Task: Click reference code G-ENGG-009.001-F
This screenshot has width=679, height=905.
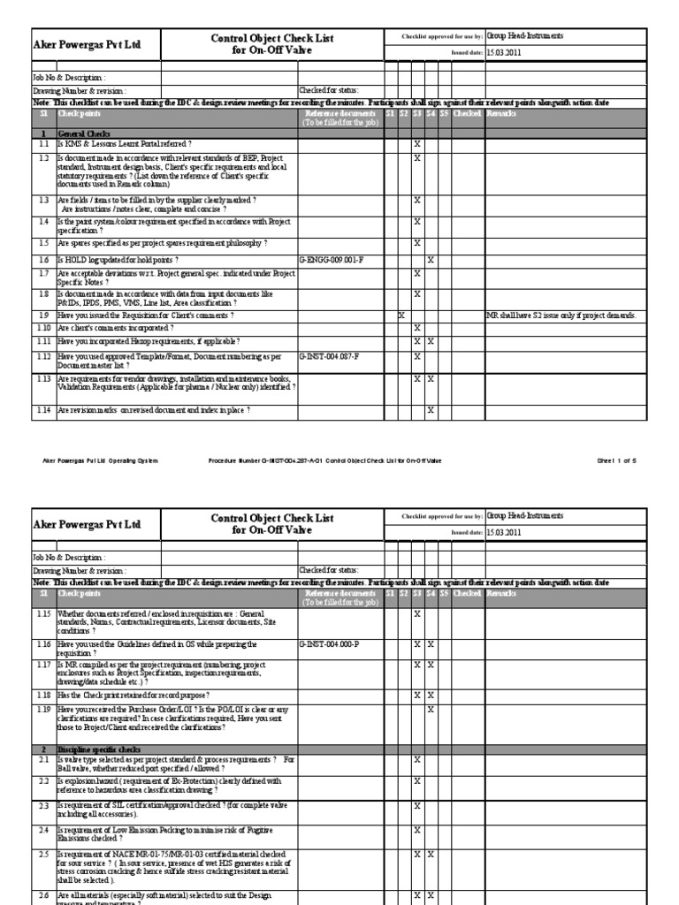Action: pos(332,260)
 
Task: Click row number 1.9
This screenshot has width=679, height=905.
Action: pos(43,316)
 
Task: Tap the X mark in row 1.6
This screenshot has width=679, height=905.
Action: pos(431,260)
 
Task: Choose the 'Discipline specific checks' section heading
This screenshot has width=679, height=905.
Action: pos(97,749)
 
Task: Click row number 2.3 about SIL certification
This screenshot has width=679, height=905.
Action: pos(43,806)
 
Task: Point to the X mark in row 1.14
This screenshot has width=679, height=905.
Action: pos(431,411)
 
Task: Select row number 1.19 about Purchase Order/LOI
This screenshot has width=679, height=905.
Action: pos(43,709)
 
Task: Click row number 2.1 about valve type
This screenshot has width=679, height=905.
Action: pos(43,759)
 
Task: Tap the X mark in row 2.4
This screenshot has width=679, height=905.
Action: pos(416,831)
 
